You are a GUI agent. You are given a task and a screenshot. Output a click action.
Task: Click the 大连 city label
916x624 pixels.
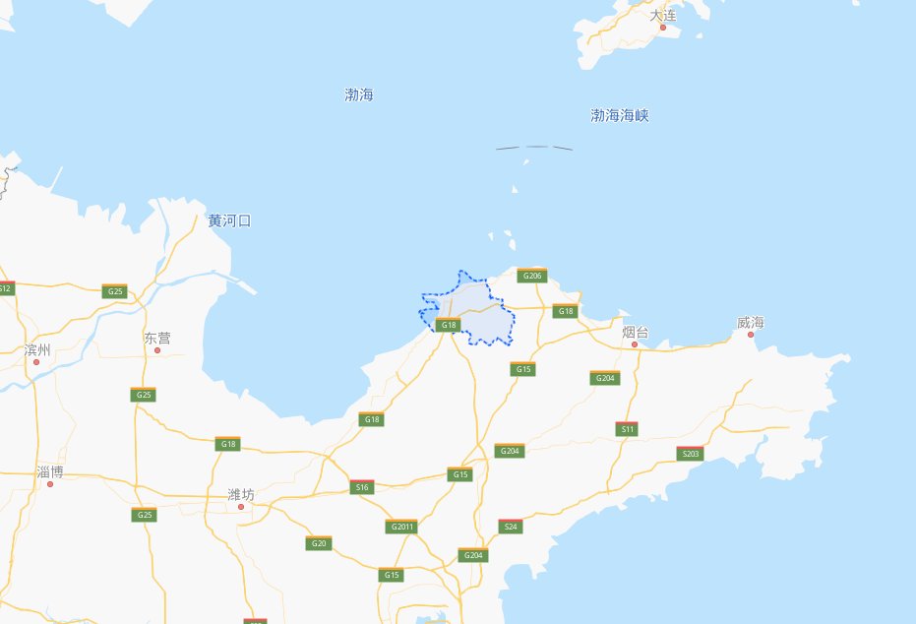click(x=663, y=15)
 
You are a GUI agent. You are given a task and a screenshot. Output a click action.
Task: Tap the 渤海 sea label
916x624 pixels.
click(x=359, y=95)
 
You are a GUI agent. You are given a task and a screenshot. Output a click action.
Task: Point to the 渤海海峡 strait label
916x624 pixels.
click(x=619, y=116)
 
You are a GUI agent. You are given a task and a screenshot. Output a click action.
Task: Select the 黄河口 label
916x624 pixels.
click(x=229, y=220)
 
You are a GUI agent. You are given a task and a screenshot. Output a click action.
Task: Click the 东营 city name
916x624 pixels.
click(x=156, y=338)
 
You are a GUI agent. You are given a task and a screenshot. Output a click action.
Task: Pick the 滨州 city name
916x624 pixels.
click(x=36, y=349)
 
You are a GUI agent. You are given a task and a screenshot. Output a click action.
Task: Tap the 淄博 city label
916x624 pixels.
click(x=49, y=472)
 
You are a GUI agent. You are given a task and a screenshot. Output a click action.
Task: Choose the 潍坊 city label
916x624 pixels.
click(x=240, y=494)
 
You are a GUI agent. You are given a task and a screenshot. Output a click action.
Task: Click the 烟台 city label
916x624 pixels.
click(x=635, y=333)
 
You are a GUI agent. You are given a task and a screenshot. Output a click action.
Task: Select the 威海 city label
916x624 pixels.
click(x=751, y=323)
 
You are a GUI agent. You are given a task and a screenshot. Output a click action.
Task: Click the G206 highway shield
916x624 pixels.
click(x=531, y=276)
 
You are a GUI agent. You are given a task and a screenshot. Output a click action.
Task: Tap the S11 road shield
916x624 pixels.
click(x=627, y=429)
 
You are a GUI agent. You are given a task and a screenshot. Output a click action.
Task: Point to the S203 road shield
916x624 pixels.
click(x=691, y=454)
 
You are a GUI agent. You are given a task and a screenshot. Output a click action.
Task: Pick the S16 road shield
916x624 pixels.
click(x=362, y=487)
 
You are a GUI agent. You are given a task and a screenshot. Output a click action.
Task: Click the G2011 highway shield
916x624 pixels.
click(x=401, y=527)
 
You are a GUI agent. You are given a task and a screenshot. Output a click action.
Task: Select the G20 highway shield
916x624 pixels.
click(x=318, y=543)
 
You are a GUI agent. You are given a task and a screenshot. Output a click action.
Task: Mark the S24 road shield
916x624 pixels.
click(x=511, y=527)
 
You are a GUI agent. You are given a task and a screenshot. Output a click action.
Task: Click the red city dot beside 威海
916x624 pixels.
click(x=751, y=335)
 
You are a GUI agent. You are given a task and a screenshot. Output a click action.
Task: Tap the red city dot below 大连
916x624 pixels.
click(x=663, y=28)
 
